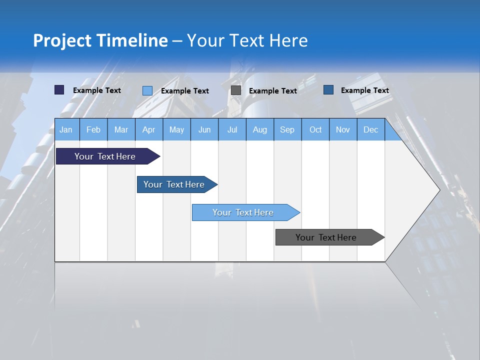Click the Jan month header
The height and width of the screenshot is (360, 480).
(x=66, y=129)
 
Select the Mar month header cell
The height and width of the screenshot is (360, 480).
(x=121, y=129)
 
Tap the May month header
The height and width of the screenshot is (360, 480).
(x=176, y=129)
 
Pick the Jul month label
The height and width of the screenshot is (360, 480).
(x=232, y=129)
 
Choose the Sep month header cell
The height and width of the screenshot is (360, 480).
(x=287, y=129)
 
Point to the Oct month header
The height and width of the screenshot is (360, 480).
(x=315, y=129)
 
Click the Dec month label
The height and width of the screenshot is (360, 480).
(x=370, y=129)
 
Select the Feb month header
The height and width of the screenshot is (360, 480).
(x=93, y=129)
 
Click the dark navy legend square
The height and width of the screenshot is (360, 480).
(x=59, y=90)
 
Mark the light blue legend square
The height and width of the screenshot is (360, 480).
(x=147, y=90)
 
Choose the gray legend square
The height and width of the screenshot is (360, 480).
(x=236, y=90)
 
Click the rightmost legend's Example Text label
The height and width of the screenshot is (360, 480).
(x=364, y=90)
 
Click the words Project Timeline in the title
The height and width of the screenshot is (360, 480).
(x=100, y=40)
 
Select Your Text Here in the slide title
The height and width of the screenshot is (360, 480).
(x=247, y=40)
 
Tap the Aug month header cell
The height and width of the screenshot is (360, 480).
(x=259, y=129)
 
